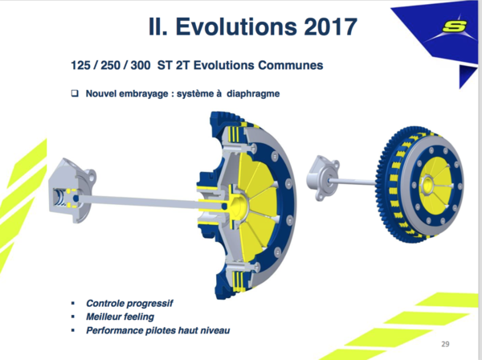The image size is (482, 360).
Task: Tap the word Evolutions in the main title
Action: pos(236,27)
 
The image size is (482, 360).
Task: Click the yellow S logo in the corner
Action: pos(454,26)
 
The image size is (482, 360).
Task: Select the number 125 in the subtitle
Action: pos(80,65)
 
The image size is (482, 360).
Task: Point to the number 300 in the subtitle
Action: pos(141,65)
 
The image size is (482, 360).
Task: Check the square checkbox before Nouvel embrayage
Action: pos(75,93)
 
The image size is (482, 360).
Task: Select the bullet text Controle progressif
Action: pos(129,304)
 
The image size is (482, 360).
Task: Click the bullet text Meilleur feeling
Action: pos(120,317)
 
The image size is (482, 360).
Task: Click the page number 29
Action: pos(445,344)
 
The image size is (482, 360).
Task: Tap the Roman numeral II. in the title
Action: pos(158,27)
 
